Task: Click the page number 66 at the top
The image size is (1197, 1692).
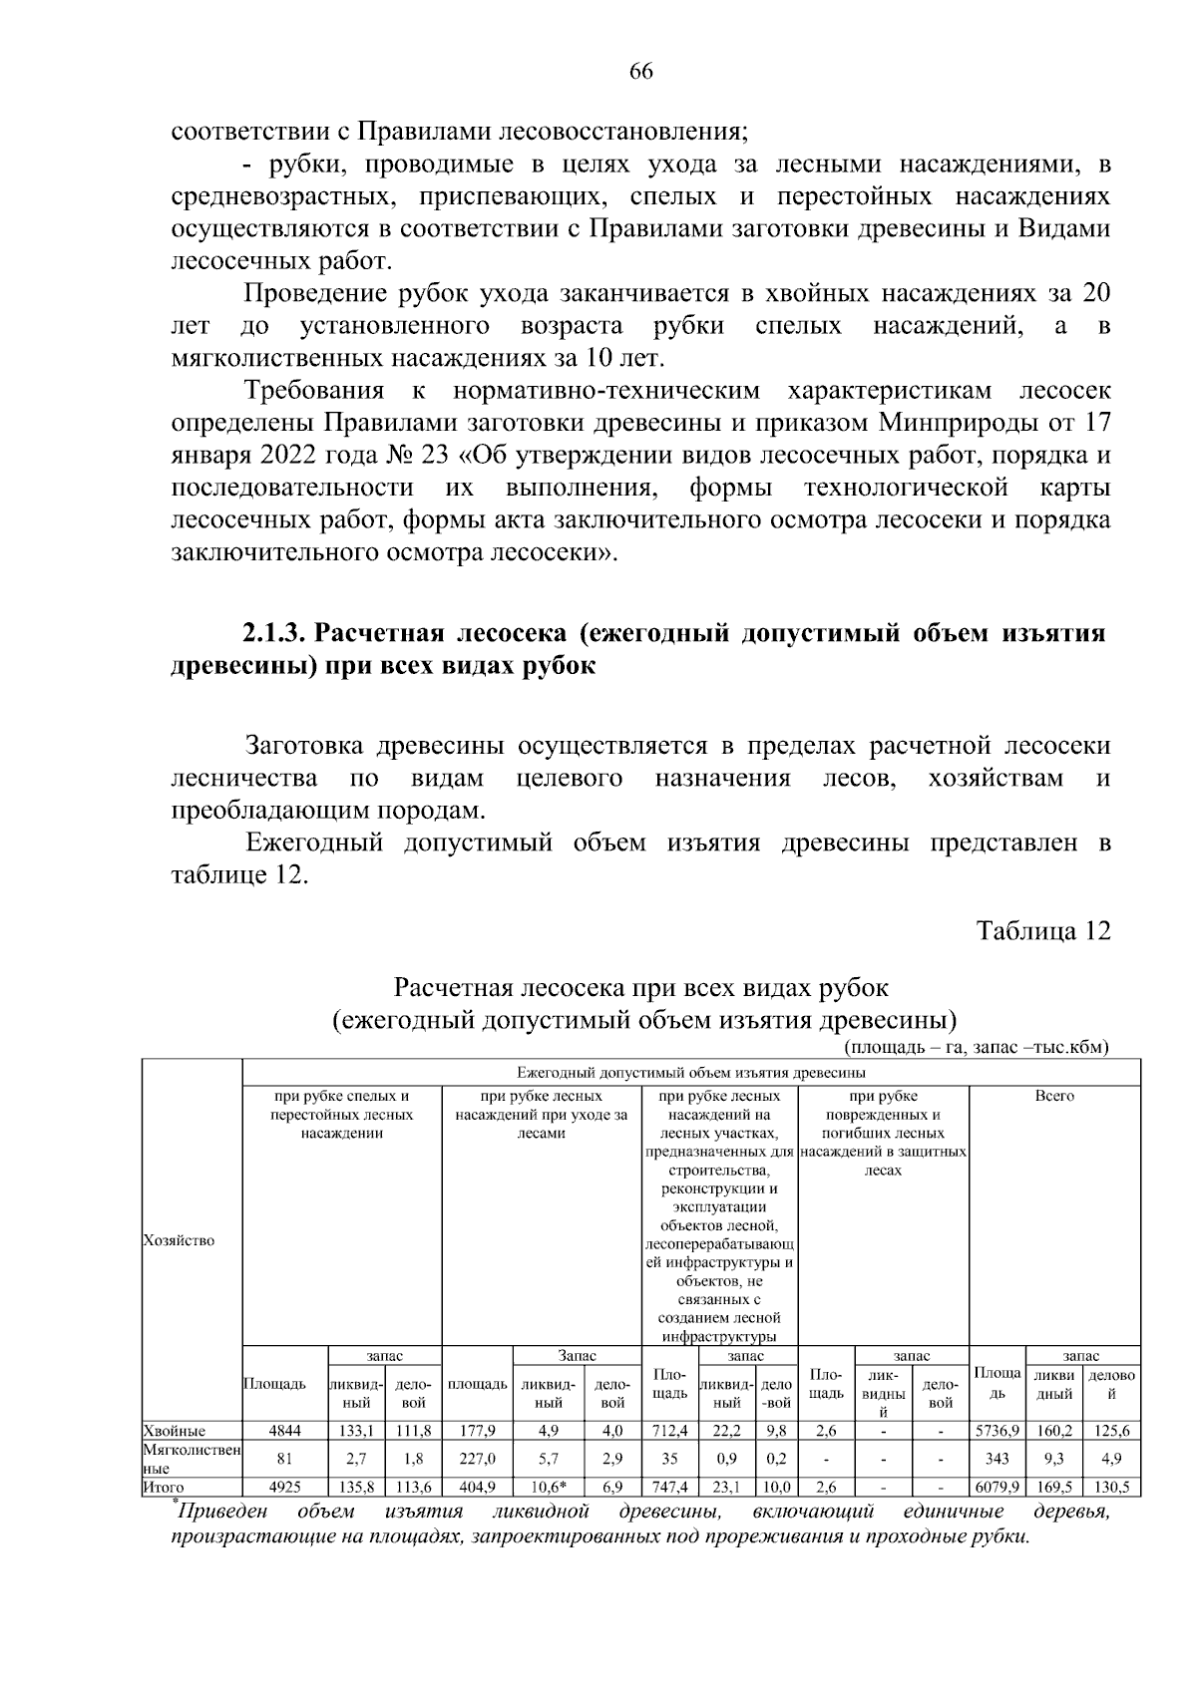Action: tap(640, 71)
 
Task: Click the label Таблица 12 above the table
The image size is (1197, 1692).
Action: tap(1042, 931)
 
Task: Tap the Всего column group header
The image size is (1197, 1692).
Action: tap(1054, 1096)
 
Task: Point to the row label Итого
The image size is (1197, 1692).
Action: tap(164, 1488)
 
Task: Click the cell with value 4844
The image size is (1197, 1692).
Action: tap(285, 1431)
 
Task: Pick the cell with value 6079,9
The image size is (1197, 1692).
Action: tap(997, 1488)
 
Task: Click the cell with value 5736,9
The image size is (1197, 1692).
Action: tap(997, 1431)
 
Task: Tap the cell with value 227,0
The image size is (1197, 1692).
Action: tap(478, 1459)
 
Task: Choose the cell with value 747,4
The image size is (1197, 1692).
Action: tap(669, 1488)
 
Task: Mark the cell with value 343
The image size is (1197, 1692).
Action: tap(997, 1459)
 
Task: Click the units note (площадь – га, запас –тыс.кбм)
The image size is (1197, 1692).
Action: tap(976, 1047)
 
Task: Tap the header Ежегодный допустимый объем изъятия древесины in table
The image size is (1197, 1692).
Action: tap(690, 1073)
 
